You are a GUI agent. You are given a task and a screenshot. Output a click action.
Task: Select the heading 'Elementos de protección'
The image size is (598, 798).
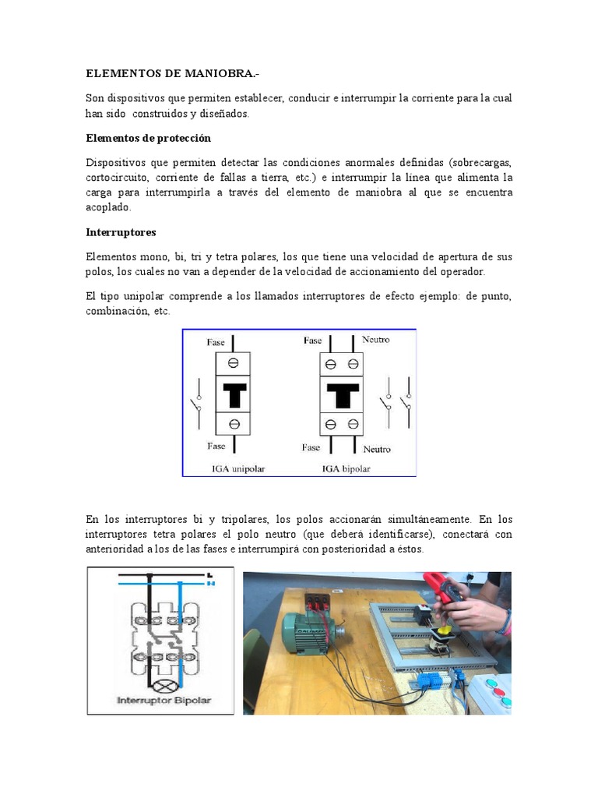(148, 138)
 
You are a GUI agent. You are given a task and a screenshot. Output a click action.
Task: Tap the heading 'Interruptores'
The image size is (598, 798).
(121, 232)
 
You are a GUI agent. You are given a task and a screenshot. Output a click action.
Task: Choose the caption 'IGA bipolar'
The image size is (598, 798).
(346, 469)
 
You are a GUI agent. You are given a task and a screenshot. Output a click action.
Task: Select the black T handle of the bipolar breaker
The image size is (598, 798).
(341, 394)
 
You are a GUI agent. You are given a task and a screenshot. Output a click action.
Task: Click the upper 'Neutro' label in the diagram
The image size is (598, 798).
(376, 340)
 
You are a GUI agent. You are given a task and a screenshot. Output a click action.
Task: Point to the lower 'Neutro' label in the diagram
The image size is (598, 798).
(377, 449)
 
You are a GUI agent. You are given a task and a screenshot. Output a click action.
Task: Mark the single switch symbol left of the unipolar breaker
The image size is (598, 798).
(198, 404)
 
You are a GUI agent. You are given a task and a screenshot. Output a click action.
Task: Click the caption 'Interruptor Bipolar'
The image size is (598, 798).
(164, 700)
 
